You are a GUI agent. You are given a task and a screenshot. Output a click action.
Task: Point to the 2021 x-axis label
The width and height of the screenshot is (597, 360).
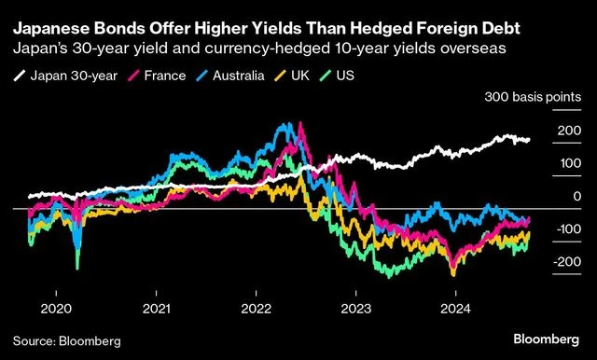pyautogui.click(x=156, y=309)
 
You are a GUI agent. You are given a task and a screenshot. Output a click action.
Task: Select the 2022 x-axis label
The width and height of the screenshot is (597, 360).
pyautogui.click(x=256, y=309)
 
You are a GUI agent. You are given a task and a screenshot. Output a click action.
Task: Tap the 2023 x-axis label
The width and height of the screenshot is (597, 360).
pyautogui.click(x=355, y=309)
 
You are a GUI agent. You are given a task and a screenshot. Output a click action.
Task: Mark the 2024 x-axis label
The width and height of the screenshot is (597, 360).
pyautogui.click(x=455, y=309)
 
